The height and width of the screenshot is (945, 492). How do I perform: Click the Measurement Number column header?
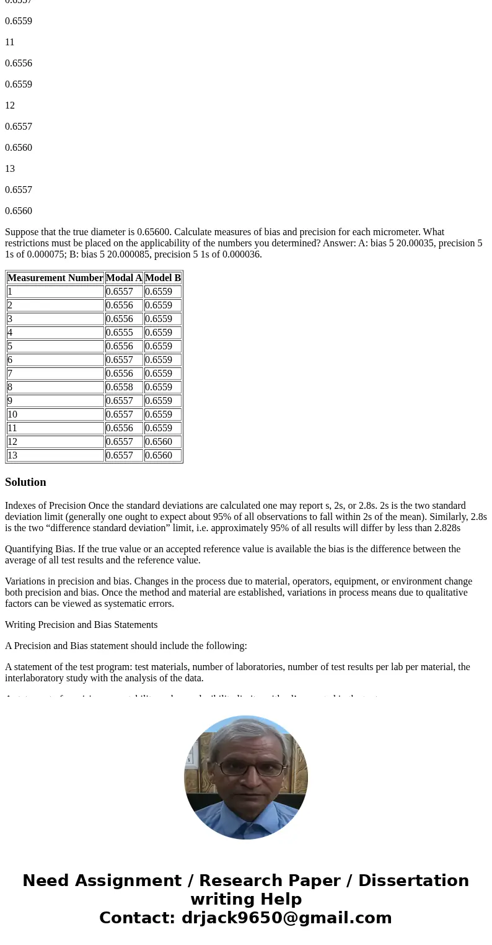(55, 278)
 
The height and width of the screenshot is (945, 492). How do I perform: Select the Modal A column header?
(124, 278)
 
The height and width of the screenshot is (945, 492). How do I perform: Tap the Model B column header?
(163, 278)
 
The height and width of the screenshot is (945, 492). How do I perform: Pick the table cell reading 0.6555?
(119, 333)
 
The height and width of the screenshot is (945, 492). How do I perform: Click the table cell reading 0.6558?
(119, 387)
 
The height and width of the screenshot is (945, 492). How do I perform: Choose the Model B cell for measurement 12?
(159, 442)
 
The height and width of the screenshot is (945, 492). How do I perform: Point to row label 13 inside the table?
(12, 455)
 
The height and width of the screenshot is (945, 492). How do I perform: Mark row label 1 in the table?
(10, 292)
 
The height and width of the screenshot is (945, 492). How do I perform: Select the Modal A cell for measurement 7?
(119, 374)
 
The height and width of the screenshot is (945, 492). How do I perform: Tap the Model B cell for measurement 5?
(159, 346)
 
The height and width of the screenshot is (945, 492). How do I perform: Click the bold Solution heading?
(25, 482)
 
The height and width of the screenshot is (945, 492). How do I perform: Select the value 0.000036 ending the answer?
(242, 254)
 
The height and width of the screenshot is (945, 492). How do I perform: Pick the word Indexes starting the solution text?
(20, 506)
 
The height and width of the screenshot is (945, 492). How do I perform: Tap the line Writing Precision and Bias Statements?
(81, 625)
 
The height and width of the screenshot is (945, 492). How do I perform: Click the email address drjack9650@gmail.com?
(286, 918)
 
